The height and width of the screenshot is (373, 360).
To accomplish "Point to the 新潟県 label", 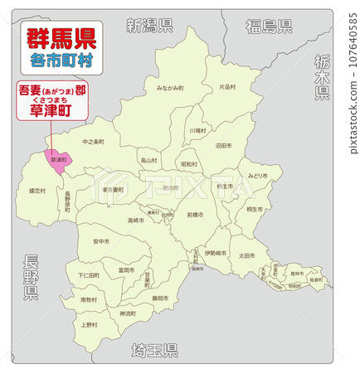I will point(149,25).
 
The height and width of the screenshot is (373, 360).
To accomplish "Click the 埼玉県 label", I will point(154,351).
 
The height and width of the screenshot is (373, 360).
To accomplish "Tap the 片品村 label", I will point(227,87).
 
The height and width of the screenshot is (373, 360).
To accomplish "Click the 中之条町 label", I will point(94,142).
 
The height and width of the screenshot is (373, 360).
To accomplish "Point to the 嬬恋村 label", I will point(37,191).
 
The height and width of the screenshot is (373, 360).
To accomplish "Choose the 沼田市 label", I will point(223,145).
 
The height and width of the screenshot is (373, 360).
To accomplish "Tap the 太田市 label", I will point(246,255).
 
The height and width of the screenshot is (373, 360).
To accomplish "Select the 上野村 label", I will point(89,325).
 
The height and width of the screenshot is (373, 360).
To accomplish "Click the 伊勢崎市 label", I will point(215,253).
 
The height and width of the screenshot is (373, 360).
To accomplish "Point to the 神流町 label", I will point(127,313).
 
